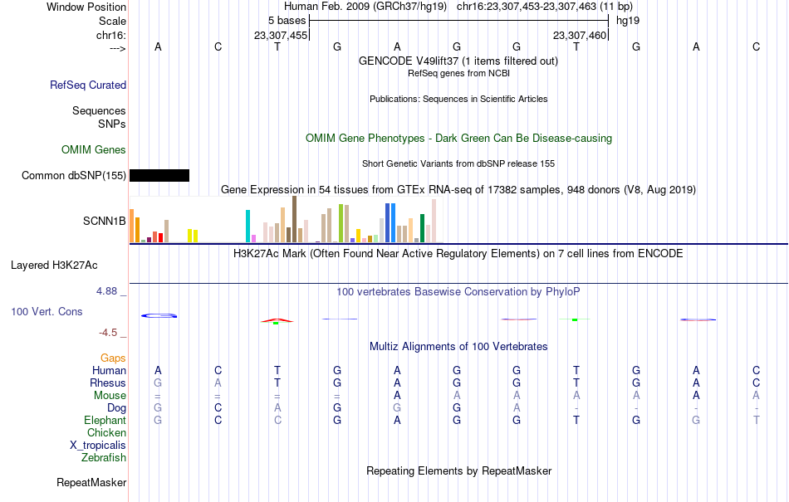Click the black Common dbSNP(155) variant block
[x=159, y=175]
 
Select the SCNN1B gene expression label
[x=104, y=221]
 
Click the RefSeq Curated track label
[x=88, y=85]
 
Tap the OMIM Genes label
[x=94, y=149]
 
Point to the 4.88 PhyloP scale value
[x=106, y=291]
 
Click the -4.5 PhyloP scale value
[x=108, y=333]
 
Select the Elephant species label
[x=105, y=420]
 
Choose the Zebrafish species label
[x=104, y=458]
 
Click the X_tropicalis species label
[x=98, y=446]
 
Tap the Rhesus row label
[x=108, y=383]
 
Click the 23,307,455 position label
[x=280, y=35]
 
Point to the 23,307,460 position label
[x=580, y=35]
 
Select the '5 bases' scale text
[x=287, y=21]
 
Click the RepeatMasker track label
[x=91, y=482]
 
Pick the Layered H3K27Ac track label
[x=54, y=266]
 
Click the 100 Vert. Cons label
[x=47, y=311]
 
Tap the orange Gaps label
[x=113, y=358]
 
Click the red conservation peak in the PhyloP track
[x=277, y=320]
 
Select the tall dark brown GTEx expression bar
[x=294, y=219]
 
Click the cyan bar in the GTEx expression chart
[x=247, y=227]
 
